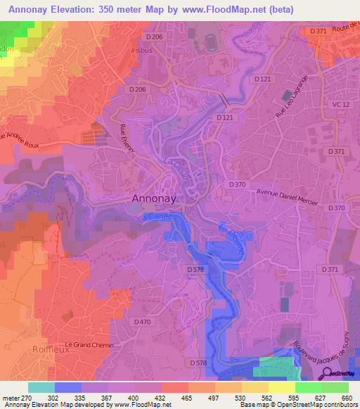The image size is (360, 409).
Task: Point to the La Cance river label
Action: (x=160, y=218)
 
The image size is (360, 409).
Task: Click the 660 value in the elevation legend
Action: (x=347, y=397)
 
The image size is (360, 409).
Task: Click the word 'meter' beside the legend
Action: (x=11, y=397)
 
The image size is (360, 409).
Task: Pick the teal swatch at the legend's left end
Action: (x=41, y=387)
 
